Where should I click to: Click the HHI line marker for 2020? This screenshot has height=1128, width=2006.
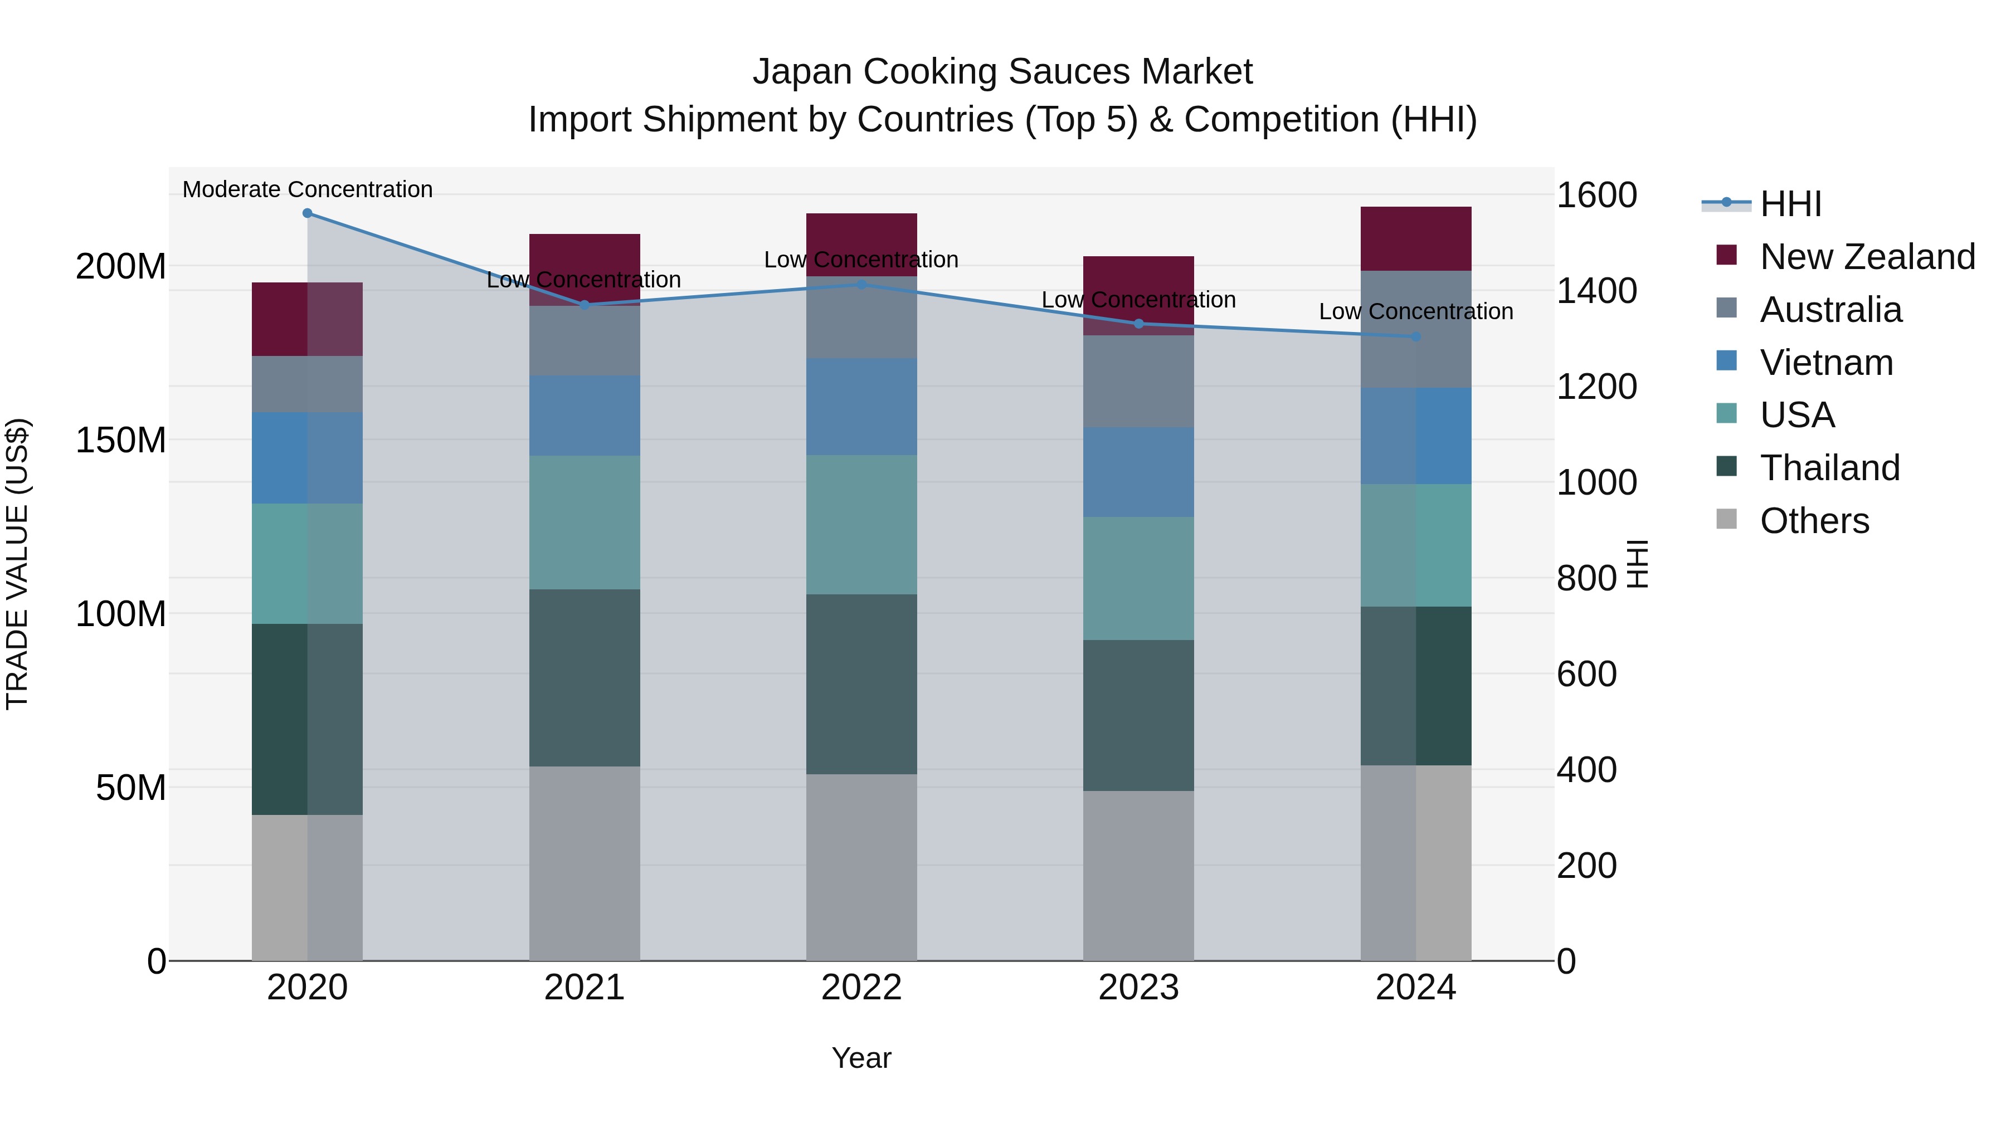tap(307, 213)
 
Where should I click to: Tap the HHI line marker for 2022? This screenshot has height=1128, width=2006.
tap(861, 285)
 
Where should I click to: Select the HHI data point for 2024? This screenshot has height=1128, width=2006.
tap(1416, 337)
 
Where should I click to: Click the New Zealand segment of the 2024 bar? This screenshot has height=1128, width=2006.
tap(1416, 239)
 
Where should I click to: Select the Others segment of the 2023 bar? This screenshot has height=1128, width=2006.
tap(1138, 876)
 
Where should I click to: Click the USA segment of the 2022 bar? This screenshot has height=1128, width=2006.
tap(861, 525)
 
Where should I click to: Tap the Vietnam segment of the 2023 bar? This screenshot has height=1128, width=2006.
tap(1138, 472)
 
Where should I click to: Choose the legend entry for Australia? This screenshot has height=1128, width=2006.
tap(1830, 310)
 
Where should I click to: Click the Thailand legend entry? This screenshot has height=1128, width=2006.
tap(1830, 468)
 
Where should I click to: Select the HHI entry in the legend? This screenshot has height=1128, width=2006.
tap(1789, 204)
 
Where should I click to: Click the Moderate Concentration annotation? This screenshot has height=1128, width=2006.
tap(308, 189)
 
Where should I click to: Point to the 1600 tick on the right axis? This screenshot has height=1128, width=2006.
tap(1596, 196)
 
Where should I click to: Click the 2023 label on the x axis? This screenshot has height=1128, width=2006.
tap(1138, 988)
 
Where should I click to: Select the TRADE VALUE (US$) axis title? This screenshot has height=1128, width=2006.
tap(17, 564)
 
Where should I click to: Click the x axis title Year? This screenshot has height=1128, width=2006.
tap(861, 1058)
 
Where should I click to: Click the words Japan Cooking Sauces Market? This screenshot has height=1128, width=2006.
tap(1002, 72)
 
